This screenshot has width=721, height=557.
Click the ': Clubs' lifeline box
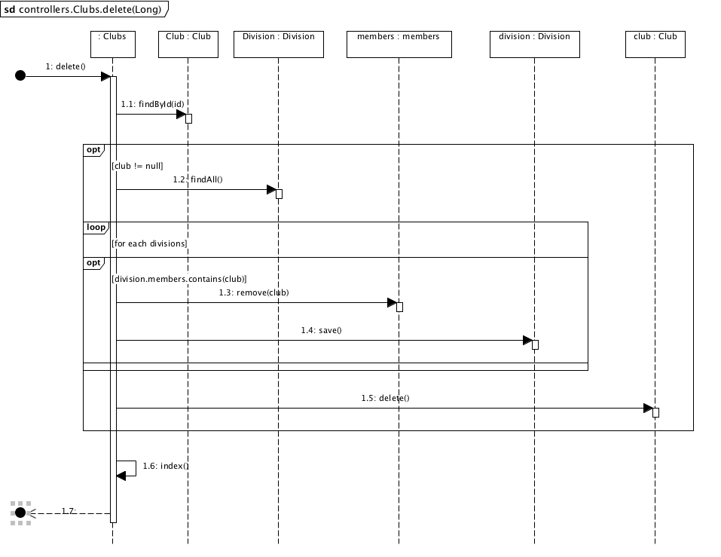[x=113, y=44]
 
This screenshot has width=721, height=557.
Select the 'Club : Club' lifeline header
[x=188, y=44]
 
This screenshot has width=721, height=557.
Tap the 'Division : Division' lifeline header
[x=279, y=44]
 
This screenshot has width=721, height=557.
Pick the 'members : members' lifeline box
[x=399, y=44]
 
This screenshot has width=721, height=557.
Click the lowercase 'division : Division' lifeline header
[x=535, y=44]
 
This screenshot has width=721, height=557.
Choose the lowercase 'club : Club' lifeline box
[x=655, y=44]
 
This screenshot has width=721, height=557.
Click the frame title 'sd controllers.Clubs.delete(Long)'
[x=83, y=9]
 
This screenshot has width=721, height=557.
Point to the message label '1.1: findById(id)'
[x=153, y=104]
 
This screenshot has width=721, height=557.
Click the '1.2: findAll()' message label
[x=197, y=179]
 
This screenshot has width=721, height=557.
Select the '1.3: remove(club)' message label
[x=254, y=292]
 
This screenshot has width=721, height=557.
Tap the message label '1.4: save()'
[x=322, y=330]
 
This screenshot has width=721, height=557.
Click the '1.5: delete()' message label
[x=385, y=398]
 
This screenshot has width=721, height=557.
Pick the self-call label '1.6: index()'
[x=166, y=466]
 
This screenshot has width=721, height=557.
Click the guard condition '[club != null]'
[x=137, y=166]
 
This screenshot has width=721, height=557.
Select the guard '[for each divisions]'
[x=149, y=243]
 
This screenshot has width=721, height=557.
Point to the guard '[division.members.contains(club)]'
[x=179, y=279]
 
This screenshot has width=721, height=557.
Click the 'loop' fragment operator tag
[x=96, y=227]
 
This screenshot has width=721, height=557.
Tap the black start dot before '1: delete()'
[x=20, y=75]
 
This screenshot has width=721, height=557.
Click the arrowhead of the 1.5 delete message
[x=648, y=408]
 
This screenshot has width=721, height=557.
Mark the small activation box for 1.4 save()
[x=535, y=344]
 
